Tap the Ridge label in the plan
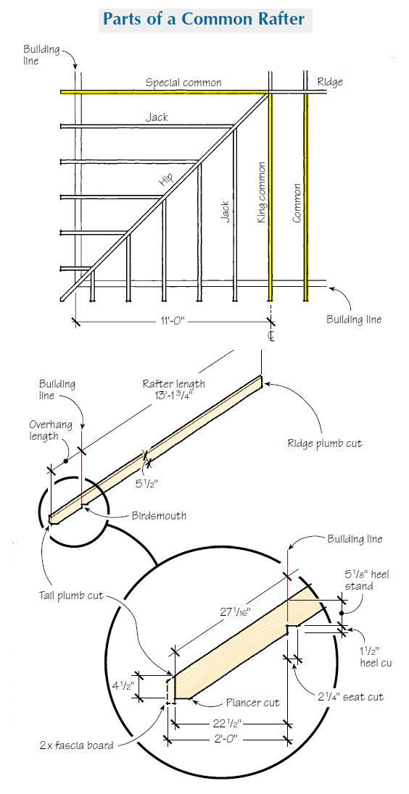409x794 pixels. (330, 83)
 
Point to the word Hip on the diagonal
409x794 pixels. (166, 178)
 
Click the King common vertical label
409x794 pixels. (263, 192)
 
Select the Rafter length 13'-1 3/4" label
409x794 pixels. (173, 390)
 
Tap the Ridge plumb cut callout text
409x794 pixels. (324, 443)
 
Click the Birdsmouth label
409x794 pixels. (159, 516)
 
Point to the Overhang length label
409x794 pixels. (50, 430)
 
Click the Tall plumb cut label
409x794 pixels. (71, 595)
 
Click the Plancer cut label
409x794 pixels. (252, 703)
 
